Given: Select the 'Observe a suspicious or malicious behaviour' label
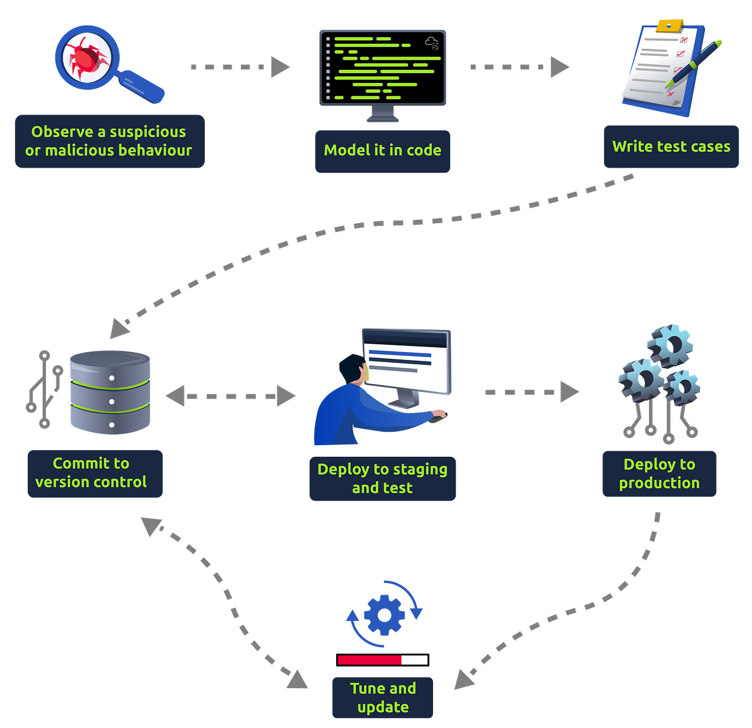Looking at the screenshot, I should click(109, 141).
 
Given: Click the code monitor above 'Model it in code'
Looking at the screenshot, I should click(382, 68).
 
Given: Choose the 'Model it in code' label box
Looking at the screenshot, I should click(382, 151).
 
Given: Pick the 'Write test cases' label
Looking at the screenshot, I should click(671, 147).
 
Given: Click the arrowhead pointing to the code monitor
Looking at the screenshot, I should click(280, 67).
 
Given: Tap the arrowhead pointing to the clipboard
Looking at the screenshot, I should click(559, 67).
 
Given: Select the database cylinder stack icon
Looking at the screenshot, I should click(110, 392).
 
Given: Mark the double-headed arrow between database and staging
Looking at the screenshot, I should click(230, 396).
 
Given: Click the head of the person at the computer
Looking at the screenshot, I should click(352, 368).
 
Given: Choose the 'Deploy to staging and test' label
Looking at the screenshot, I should click(383, 479).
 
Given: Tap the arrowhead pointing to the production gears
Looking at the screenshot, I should click(569, 392).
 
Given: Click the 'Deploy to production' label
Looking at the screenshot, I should click(659, 474).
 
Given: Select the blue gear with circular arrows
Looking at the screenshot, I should click(384, 615).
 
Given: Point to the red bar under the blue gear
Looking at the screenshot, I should click(370, 659).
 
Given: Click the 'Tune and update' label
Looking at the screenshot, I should click(383, 698).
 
